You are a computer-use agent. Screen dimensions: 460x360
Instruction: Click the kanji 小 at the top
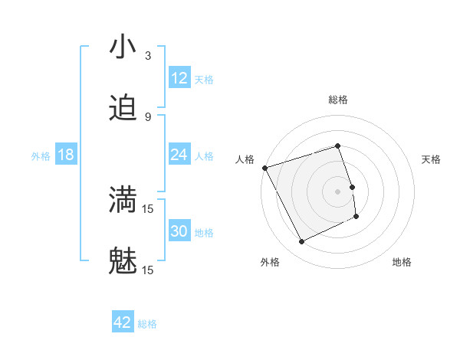tap(123, 47)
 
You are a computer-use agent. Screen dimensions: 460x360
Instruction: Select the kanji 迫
tap(123, 109)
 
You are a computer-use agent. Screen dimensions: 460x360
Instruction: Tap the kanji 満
tap(123, 200)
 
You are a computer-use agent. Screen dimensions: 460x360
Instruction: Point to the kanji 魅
tap(123, 261)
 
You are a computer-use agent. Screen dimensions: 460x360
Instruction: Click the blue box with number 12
tap(179, 78)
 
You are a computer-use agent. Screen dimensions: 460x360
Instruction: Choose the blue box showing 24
tap(179, 155)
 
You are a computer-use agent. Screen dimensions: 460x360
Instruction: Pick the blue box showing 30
tap(179, 231)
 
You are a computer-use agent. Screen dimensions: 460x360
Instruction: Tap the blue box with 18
tap(66, 155)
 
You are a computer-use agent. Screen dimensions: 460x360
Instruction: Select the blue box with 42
tap(123, 323)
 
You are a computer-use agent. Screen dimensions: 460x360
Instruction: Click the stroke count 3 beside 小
tap(148, 56)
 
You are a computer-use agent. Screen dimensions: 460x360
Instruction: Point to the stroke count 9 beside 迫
tap(148, 117)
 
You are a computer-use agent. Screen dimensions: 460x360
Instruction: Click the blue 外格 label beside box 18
tap(41, 155)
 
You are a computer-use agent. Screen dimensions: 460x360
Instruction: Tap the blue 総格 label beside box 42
tap(147, 324)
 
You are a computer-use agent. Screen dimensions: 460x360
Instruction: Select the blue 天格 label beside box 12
tap(204, 79)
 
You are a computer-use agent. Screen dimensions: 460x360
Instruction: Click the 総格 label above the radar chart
tap(338, 100)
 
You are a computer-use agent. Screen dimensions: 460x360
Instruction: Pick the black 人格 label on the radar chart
tap(245, 159)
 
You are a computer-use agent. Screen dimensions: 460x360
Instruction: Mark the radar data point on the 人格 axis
tap(265, 168)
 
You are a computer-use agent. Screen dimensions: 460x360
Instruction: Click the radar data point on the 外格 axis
tap(301, 242)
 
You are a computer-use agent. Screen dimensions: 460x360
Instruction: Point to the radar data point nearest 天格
tap(352, 187)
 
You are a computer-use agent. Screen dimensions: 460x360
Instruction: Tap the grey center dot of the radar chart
tap(338, 191)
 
